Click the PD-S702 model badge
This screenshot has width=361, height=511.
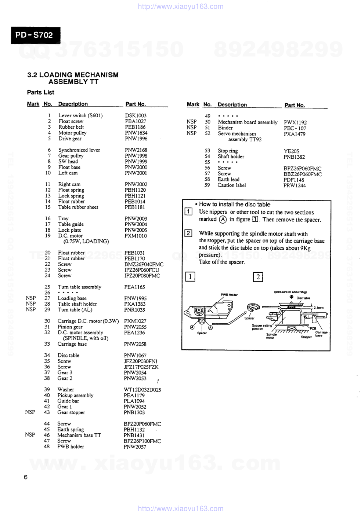click(x=35, y=35)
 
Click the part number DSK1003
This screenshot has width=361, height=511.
click(x=136, y=115)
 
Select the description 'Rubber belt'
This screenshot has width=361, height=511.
click(x=71, y=127)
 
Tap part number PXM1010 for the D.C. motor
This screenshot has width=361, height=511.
click(x=136, y=236)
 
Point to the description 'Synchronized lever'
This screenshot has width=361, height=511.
click(x=79, y=150)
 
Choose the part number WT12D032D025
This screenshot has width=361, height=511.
click(x=142, y=390)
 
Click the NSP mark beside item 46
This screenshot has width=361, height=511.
click(x=30, y=435)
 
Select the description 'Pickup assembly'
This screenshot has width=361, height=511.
click(x=75, y=396)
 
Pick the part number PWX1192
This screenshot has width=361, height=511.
click(x=295, y=122)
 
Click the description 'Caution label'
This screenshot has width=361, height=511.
click(x=232, y=185)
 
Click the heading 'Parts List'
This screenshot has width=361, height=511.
click(x=40, y=92)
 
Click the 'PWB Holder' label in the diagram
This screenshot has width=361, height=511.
click(x=229, y=295)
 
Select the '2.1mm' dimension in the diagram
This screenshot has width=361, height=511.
click(x=318, y=308)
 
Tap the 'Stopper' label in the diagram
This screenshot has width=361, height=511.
click(x=306, y=337)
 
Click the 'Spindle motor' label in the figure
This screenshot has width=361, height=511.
click(x=271, y=336)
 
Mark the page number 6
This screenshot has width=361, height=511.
click(x=25, y=477)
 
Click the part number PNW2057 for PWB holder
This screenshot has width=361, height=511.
click(x=135, y=447)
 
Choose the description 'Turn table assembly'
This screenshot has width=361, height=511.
click(x=79, y=287)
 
